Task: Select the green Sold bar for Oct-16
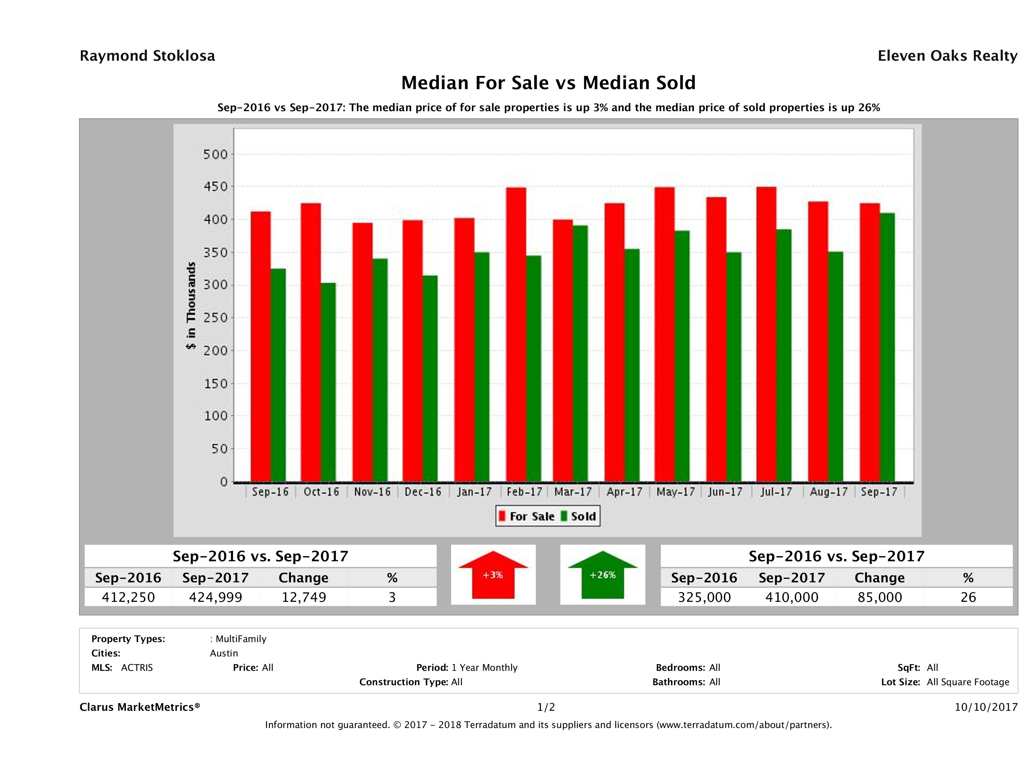point(328,382)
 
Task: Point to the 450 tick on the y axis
point(215,187)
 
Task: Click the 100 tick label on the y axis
point(215,416)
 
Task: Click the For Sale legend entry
point(527,516)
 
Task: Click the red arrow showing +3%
point(493,575)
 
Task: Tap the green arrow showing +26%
point(603,575)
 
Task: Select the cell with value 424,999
point(215,597)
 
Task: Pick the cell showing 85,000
point(880,597)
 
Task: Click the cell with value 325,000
point(704,597)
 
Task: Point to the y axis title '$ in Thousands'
point(191,305)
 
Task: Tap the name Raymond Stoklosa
point(147,56)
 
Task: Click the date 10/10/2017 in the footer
point(986,708)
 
